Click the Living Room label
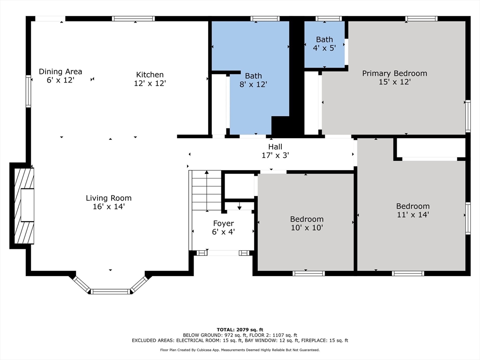(108, 198)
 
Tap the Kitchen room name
(150, 75)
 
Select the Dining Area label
(60, 72)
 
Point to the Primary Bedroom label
(395, 74)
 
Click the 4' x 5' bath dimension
(324, 48)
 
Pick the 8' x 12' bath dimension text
(253, 84)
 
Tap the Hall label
(275, 147)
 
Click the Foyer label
(224, 224)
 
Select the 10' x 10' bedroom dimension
(307, 228)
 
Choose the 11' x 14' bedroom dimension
(412, 215)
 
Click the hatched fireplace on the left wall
(24, 206)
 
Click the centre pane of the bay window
(111, 292)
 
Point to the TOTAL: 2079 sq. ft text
(240, 330)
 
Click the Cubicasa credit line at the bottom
(240, 350)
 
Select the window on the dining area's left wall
(29, 91)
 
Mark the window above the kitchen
(133, 19)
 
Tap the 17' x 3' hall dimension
(275, 156)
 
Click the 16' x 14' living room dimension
(108, 207)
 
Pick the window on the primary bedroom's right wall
(468, 116)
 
